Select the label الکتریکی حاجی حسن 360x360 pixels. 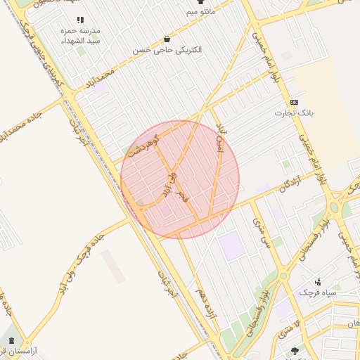(x=168, y=51)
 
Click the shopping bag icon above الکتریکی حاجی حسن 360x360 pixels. (x=167, y=39)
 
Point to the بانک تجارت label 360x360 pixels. (x=292, y=113)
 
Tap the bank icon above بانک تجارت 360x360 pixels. (x=294, y=103)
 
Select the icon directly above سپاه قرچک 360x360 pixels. (x=319, y=281)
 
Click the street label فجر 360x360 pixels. (x=184, y=195)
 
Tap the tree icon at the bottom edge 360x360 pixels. (x=294, y=350)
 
